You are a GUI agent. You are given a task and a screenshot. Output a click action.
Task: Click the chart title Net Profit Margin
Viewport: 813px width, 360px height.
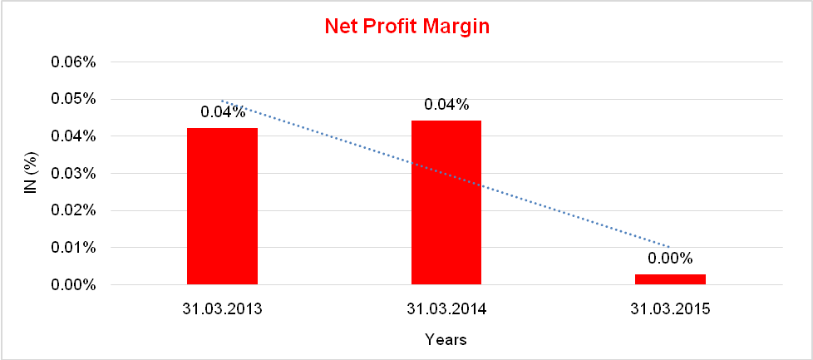406,26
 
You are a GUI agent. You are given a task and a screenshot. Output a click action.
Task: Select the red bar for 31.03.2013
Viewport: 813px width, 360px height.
222,206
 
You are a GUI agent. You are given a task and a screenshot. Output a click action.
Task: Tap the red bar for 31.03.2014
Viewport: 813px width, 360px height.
446,203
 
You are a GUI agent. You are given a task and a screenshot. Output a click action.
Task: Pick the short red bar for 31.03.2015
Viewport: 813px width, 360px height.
670,279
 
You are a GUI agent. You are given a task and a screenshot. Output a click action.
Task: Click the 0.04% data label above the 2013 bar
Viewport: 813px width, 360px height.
223,112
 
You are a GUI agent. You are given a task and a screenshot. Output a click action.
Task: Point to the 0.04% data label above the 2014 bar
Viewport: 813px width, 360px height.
446,105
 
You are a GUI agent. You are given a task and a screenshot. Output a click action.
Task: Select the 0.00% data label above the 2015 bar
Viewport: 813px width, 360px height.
670,259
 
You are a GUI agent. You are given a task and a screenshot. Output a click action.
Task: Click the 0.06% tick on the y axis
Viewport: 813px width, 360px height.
76,62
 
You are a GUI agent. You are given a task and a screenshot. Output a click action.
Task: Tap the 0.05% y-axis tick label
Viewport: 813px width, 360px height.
76,99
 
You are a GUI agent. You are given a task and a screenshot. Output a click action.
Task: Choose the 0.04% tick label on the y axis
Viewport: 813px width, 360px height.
76,136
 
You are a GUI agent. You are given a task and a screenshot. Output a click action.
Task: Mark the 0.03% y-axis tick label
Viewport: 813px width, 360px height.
76,174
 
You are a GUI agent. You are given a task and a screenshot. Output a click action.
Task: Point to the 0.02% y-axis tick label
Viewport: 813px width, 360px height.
76,210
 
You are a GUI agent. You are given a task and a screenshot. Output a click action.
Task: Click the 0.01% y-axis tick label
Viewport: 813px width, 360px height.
76,248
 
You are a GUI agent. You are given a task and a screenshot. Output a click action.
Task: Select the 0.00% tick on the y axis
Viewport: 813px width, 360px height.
76,285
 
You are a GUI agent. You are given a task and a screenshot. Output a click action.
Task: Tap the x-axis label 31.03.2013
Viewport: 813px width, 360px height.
223,309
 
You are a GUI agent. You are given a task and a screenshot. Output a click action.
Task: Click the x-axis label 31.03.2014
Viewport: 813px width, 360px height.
446,309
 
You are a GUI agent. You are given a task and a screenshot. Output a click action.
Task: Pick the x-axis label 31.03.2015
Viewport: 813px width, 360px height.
670,309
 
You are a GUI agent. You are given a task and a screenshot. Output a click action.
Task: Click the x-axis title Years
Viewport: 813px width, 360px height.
446,339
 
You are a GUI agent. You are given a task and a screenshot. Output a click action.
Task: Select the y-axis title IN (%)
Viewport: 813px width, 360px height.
30,174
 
